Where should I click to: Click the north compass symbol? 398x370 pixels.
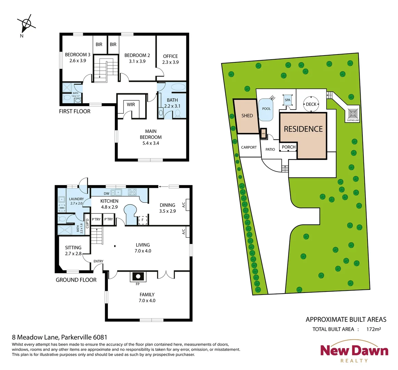pyautogui.click(x=26, y=24)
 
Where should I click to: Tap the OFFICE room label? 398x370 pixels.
pyautogui.click(x=170, y=56)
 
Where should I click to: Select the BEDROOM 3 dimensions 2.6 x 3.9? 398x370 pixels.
pyautogui.click(x=77, y=61)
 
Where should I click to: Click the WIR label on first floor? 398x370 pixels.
pyautogui.click(x=131, y=104)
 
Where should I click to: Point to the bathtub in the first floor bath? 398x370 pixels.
pyautogui.click(x=177, y=87)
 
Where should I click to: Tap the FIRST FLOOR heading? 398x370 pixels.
pyautogui.click(x=75, y=111)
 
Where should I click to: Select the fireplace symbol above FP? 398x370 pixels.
pyautogui.click(x=138, y=276)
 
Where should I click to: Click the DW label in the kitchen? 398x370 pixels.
pyautogui.click(x=107, y=194)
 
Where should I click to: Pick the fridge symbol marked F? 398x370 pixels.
pyautogui.click(x=142, y=220)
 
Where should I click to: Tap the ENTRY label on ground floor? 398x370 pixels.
pyautogui.click(x=98, y=261)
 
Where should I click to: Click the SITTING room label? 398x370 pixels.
pyautogui.click(x=73, y=248)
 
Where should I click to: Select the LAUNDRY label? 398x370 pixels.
pyautogui.click(x=76, y=199)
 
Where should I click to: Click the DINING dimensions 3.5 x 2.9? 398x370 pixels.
pyautogui.click(x=167, y=211)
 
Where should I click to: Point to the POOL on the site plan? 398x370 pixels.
pyautogui.click(x=266, y=109)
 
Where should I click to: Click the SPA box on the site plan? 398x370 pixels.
pyautogui.click(x=287, y=100)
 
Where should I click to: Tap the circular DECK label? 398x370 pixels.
pyautogui.click(x=311, y=104)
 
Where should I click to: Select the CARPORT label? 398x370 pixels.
pyautogui.click(x=249, y=147)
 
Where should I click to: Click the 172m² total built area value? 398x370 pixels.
pyautogui.click(x=373, y=329)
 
